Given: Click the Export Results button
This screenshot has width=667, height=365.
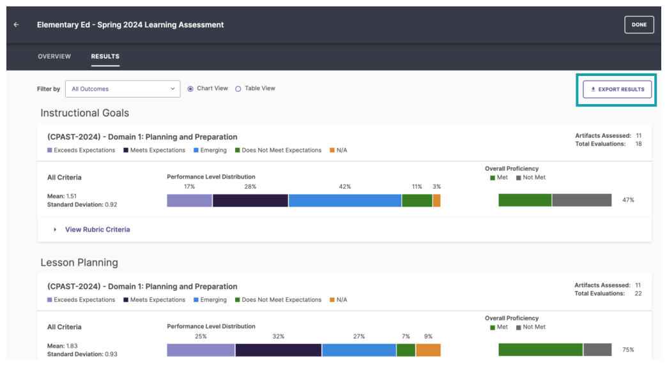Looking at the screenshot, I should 617,89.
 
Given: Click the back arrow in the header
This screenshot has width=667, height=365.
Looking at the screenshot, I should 16,25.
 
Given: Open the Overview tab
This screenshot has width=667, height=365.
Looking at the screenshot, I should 54,57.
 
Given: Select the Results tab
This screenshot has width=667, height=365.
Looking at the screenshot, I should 105,57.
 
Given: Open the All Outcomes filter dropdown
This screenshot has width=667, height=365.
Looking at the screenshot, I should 123,89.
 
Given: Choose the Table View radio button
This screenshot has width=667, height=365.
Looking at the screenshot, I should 238,89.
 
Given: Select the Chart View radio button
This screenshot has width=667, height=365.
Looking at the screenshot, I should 190,89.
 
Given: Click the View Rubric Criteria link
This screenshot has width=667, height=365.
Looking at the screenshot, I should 97,230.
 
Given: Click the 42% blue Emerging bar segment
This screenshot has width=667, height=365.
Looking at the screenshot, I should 345,200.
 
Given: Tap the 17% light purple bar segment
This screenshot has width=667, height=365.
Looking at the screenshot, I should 190,200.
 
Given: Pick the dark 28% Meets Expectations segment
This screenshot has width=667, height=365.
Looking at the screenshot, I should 250,200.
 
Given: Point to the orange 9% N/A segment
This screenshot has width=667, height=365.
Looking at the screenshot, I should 428,350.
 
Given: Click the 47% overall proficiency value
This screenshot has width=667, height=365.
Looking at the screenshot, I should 628,200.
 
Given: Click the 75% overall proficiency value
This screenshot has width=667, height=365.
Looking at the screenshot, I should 628,350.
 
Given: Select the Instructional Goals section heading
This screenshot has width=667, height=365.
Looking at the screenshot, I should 85,113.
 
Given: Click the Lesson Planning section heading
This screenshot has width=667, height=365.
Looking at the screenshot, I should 79,262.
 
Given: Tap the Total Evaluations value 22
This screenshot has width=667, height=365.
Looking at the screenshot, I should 638,294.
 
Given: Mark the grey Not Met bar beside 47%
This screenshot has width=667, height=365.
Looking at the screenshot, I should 581,200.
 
